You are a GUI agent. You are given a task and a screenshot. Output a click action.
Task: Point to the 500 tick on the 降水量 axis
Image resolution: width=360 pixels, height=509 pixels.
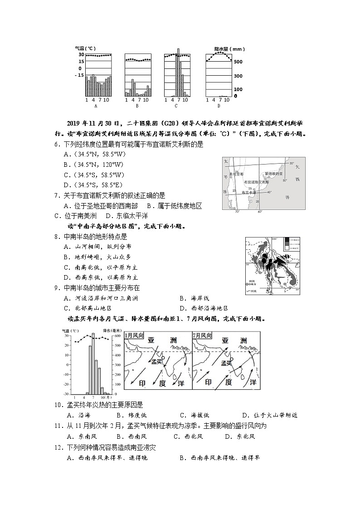238,62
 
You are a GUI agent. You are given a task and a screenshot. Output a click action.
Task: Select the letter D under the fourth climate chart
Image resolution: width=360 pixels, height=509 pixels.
218,106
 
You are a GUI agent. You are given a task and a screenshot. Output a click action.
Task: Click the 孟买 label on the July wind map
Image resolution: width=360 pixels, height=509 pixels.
226,363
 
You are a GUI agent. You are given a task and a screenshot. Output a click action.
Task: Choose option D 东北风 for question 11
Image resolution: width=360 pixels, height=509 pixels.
240,436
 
